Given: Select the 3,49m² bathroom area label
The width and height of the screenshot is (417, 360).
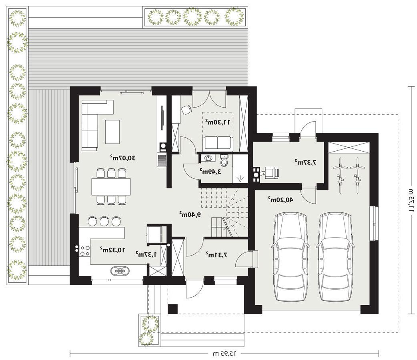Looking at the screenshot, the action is point(211,172).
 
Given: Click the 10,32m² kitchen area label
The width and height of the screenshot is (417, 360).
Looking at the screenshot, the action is point(112,250).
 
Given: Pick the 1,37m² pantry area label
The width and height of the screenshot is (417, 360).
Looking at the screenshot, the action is point(146,254).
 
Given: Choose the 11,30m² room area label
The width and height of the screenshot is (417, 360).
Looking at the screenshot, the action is point(217,122).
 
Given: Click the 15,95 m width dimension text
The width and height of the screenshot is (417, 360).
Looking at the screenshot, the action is point(225,353).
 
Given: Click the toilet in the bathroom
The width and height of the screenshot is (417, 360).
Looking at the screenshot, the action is point(225,160).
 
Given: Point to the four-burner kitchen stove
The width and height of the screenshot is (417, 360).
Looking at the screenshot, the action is point(85,250).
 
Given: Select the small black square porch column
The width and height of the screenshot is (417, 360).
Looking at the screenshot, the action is point(173,309).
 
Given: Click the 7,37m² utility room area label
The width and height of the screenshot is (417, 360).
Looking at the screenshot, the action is point(306,162).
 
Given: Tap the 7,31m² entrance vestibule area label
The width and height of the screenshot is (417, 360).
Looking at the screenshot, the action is point(217,255).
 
